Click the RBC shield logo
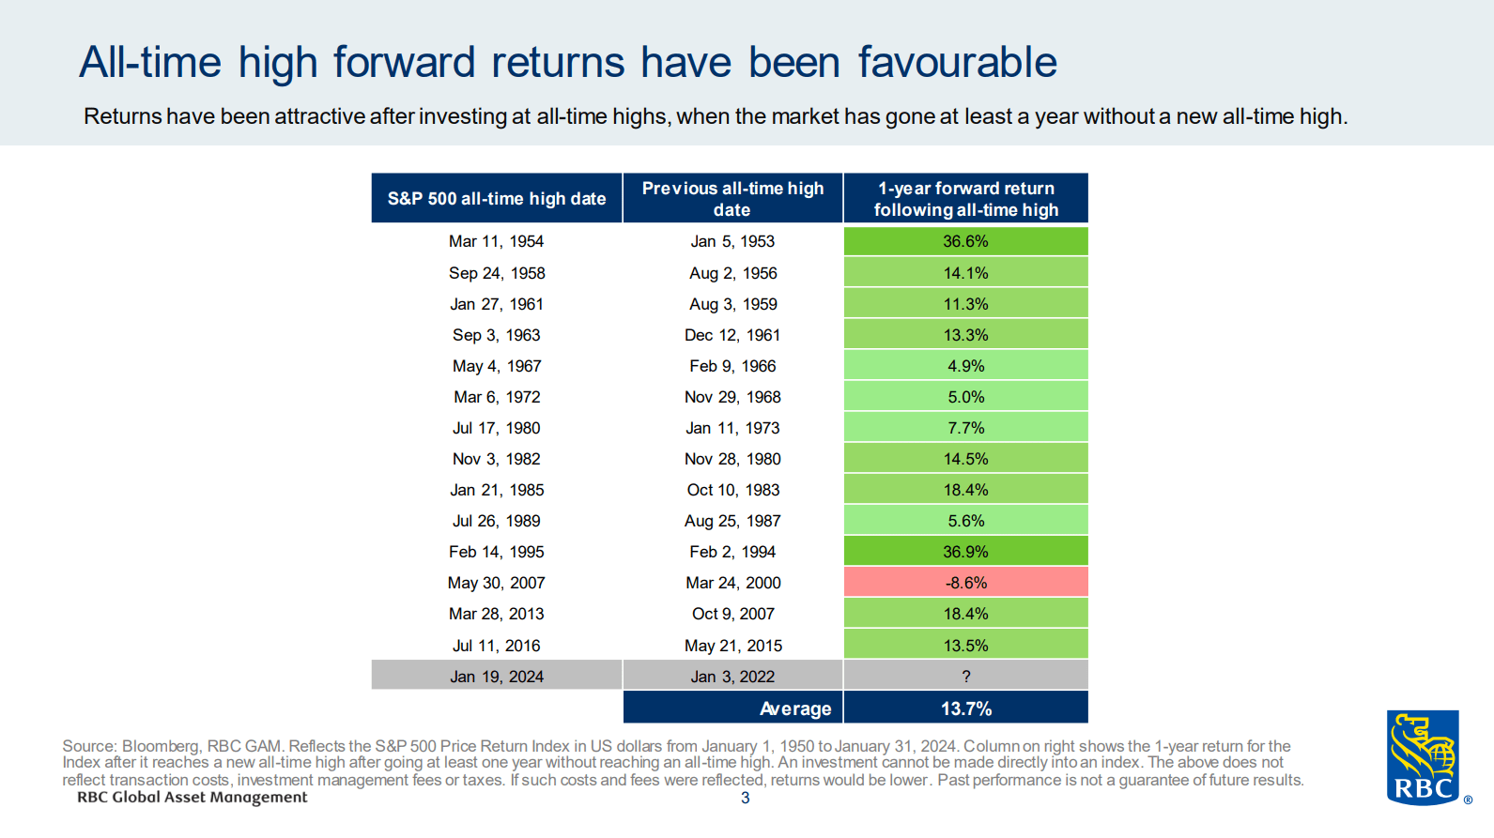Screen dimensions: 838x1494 pyautogui.click(x=1423, y=757)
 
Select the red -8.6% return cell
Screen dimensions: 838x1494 pyautogui.click(x=965, y=583)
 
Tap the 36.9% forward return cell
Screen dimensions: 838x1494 pyautogui.click(x=965, y=552)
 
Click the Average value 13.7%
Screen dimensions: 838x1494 pyautogui.click(x=965, y=708)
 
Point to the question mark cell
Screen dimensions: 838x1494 pyautogui.click(x=965, y=676)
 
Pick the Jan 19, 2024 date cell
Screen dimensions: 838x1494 pyautogui.click(x=496, y=676)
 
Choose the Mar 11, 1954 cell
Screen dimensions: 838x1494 pyautogui.click(x=496, y=241)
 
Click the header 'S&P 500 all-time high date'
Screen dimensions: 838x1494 pyautogui.click(x=496, y=199)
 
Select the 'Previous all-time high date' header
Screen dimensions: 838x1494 pyautogui.click(x=732, y=199)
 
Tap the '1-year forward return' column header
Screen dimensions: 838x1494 pyautogui.click(x=965, y=199)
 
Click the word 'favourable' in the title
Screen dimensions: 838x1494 pyautogui.click(x=957, y=63)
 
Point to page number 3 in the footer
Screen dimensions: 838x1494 pyautogui.click(x=746, y=798)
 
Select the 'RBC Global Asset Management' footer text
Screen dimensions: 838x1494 pyautogui.click(x=193, y=797)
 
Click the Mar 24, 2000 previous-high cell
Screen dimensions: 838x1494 pyautogui.click(x=732, y=583)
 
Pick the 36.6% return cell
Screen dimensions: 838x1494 pyautogui.click(x=965, y=241)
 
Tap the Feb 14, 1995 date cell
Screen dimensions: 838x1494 pyautogui.click(x=496, y=552)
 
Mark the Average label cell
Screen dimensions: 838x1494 pyautogui.click(x=732, y=708)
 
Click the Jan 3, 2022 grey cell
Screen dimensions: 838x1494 pyautogui.click(x=732, y=676)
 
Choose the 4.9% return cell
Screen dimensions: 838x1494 pyautogui.click(x=965, y=366)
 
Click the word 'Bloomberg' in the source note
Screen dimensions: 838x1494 pyautogui.click(x=161, y=747)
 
